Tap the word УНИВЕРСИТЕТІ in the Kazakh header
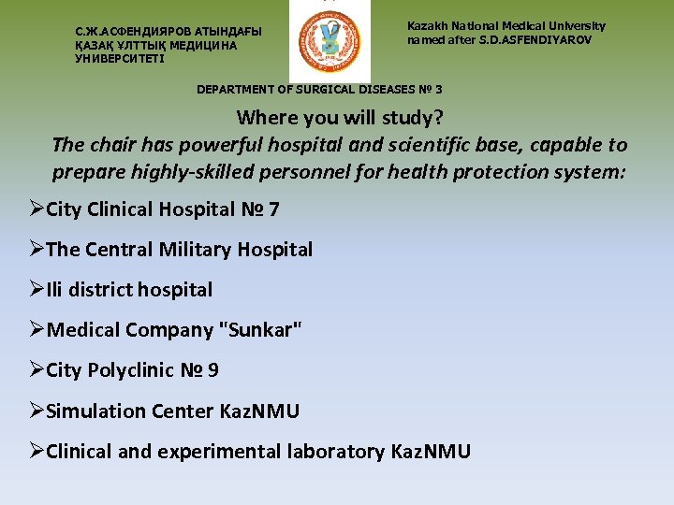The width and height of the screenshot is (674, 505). tap(119, 59)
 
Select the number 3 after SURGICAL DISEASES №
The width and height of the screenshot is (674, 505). tap(439, 90)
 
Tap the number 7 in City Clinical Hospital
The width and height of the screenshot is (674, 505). tap(273, 209)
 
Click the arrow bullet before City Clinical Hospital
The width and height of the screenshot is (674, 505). tap(37, 209)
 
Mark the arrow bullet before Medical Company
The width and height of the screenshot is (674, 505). tap(37, 330)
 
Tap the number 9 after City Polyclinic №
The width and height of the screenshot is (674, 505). tap(213, 371)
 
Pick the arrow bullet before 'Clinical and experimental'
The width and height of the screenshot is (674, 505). tap(37, 453)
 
